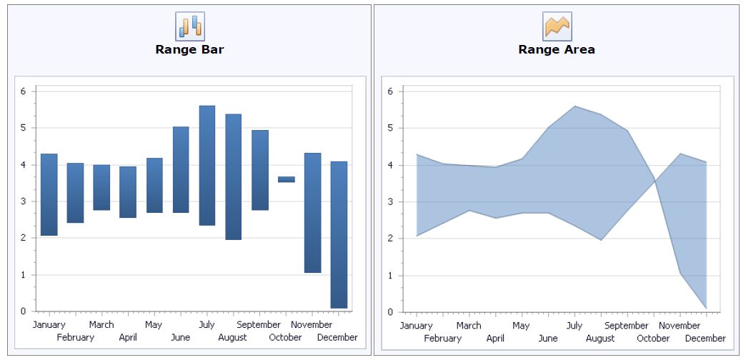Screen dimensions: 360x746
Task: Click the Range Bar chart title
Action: (189, 50)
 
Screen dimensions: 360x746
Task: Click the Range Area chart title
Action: (556, 50)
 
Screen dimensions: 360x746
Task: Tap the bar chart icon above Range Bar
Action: (190, 26)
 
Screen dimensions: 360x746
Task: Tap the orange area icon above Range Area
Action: (557, 26)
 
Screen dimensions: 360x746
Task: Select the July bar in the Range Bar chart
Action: (207, 165)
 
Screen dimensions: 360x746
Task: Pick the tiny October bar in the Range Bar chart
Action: (287, 179)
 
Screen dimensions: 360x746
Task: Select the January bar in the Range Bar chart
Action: (49, 194)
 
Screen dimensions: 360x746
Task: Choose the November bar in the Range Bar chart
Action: (312, 212)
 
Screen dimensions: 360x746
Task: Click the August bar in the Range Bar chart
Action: (234, 176)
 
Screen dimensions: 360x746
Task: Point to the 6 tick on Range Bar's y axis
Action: (23, 91)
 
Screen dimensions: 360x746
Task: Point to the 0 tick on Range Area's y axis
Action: (390, 312)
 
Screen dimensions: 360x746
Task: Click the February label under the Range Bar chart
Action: (75, 338)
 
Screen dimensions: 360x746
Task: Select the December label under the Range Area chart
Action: (705, 339)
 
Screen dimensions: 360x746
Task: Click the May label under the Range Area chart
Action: (521, 326)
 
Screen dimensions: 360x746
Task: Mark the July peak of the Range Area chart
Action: (575, 106)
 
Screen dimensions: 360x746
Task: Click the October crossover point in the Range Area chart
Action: (655, 179)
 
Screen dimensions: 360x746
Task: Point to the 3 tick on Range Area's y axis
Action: (390, 202)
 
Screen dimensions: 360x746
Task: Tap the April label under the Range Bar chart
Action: (128, 338)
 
